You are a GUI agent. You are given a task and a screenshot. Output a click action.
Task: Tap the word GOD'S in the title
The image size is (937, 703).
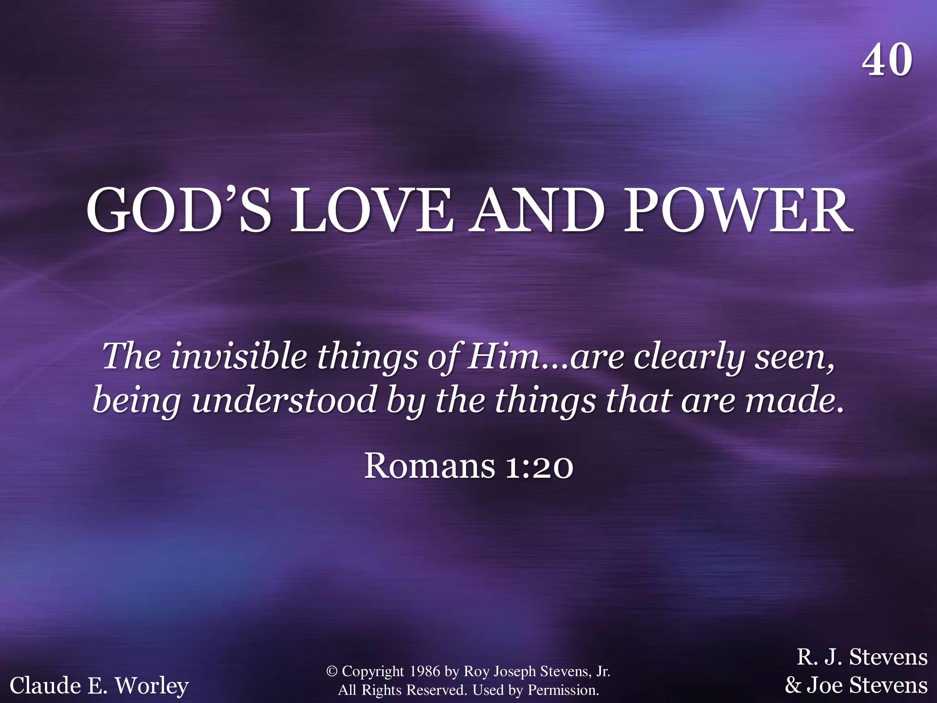coord(178,210)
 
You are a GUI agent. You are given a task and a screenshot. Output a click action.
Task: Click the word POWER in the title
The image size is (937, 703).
coord(738,210)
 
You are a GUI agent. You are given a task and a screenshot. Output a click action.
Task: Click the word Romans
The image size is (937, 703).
coord(429,466)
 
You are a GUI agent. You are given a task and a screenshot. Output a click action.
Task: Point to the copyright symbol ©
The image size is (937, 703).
coord(332,671)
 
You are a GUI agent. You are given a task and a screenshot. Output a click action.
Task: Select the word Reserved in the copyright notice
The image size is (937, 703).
coord(435,690)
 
